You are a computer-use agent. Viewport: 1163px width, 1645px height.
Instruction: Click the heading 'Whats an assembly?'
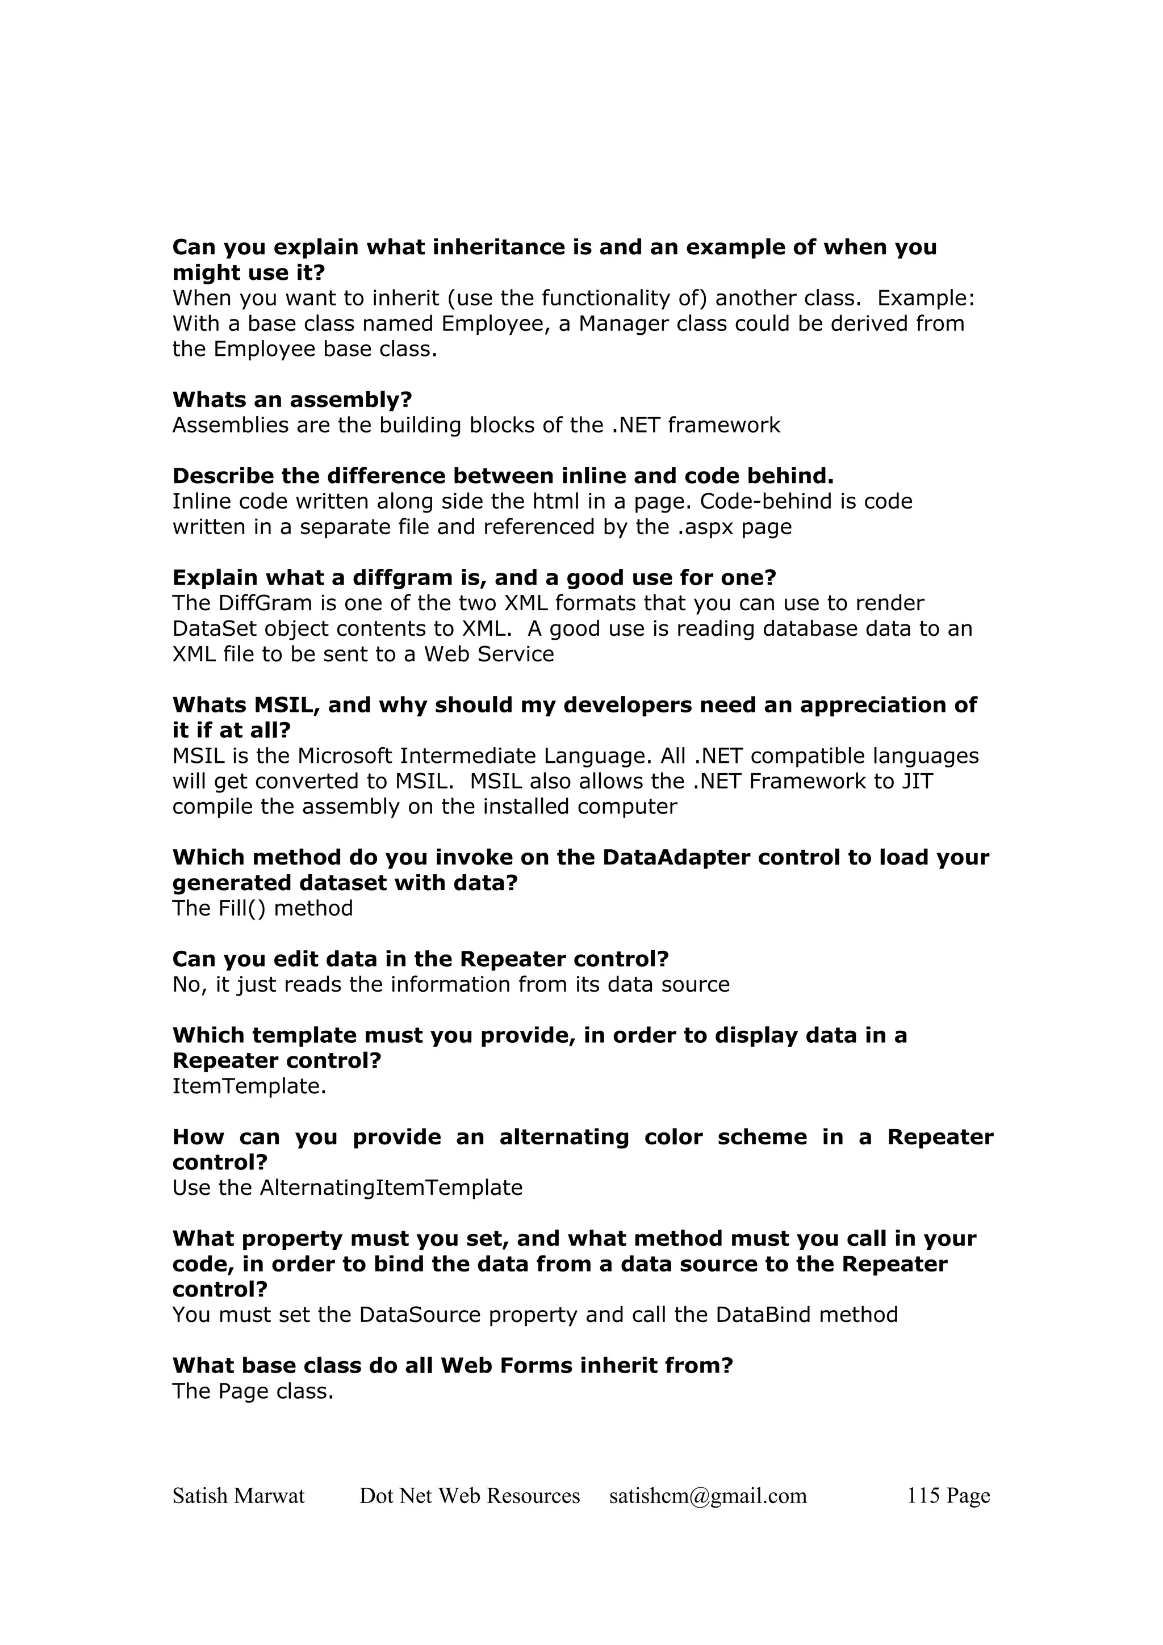(x=292, y=399)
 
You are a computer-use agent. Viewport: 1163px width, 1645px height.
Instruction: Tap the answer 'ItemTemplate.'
(x=249, y=1086)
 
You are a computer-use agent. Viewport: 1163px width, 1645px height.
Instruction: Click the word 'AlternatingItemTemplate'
(x=391, y=1188)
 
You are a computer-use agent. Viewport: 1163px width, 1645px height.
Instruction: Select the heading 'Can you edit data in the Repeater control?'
(x=420, y=959)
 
